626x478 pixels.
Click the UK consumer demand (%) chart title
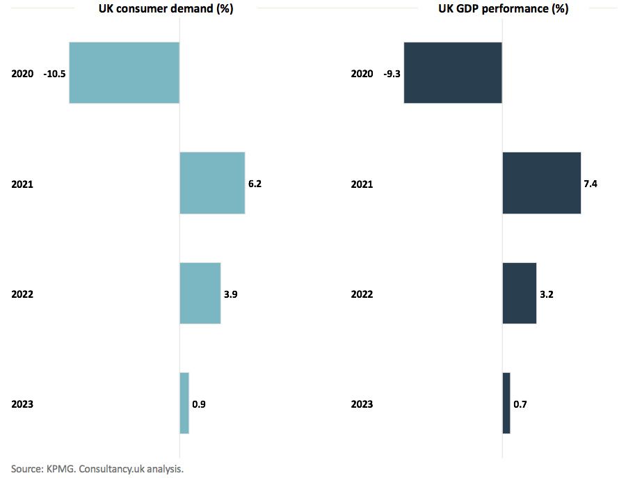coord(165,9)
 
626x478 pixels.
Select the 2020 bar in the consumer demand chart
coord(124,73)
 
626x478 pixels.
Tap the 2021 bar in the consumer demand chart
coord(212,183)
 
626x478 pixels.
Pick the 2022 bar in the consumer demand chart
coord(200,293)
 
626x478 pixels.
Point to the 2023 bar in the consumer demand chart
coord(184,403)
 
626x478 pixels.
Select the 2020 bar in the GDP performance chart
coord(453,73)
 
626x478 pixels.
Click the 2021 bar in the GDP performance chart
coord(541,183)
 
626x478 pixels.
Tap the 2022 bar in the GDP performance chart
coord(519,293)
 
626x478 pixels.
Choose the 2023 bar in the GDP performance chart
coord(506,403)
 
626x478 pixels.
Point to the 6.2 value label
coord(255,184)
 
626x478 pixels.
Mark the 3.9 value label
coord(230,294)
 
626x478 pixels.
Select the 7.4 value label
coord(591,184)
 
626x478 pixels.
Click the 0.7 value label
coord(520,404)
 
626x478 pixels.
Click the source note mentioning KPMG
coord(97,469)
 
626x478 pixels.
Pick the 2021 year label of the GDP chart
coord(362,184)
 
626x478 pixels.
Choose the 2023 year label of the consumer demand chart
coord(22,404)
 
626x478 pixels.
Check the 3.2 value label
coord(546,294)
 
